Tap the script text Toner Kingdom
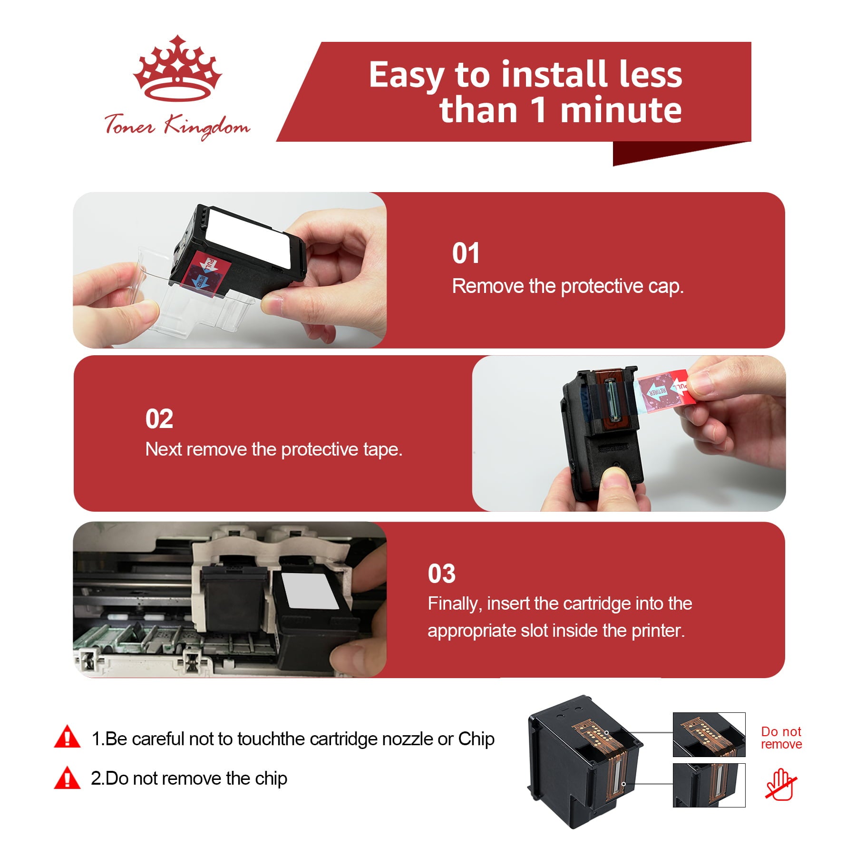pos(177,126)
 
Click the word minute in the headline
pos(621,110)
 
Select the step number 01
pos(466,253)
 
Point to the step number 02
pos(159,419)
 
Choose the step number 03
pos(441,574)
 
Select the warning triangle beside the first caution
pos(68,737)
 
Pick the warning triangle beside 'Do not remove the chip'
pos(68,778)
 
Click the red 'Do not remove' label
pos(781,738)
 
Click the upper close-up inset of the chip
pos(709,734)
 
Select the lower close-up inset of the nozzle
pos(709,785)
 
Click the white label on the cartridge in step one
pos(249,239)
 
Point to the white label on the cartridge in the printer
pos(309,591)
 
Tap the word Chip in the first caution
pos(476,739)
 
